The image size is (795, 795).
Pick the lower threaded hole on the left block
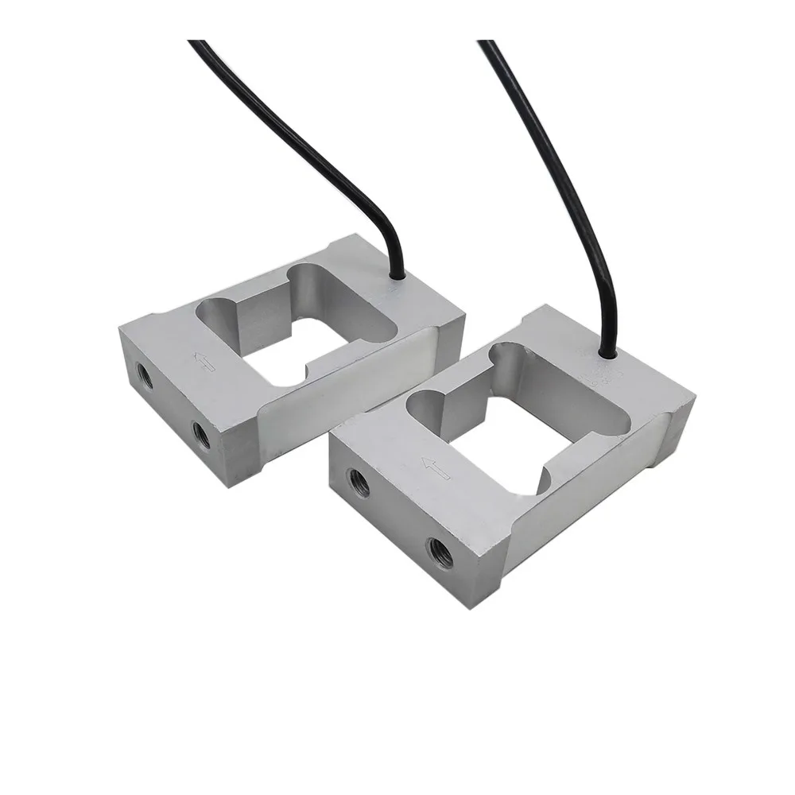pyautogui.click(x=201, y=432)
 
